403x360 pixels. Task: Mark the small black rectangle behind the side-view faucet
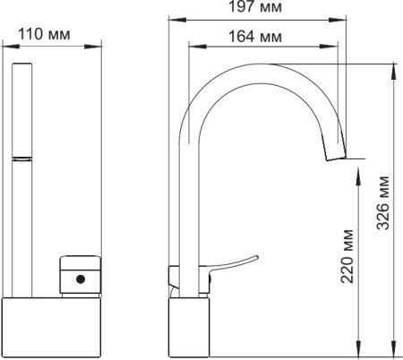click(x=172, y=278)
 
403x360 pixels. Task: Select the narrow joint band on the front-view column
click(x=21, y=159)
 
